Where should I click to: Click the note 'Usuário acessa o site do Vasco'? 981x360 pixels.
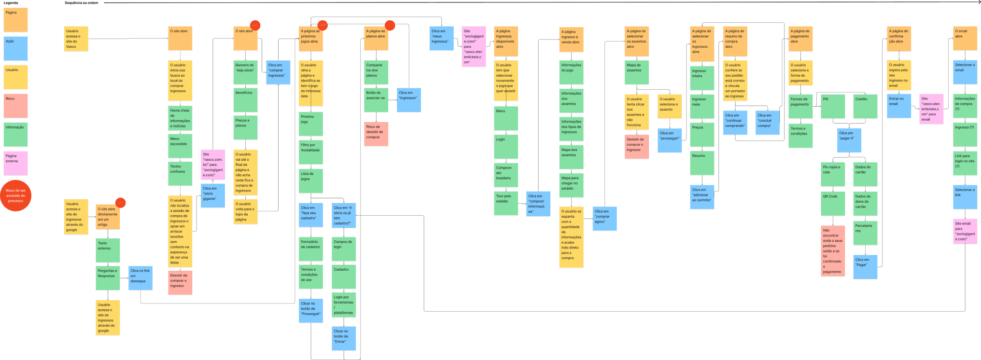tap(76, 39)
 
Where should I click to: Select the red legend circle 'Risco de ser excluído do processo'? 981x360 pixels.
tap(15, 196)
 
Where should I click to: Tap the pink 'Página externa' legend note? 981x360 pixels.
tap(15, 163)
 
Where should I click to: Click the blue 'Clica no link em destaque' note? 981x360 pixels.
tap(140, 278)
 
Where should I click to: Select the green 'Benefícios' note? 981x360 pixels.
tap(245, 99)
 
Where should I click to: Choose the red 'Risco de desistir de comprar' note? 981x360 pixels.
tap(376, 134)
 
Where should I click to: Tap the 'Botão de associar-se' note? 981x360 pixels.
tap(376, 100)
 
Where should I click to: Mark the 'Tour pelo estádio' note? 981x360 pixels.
tap(505, 204)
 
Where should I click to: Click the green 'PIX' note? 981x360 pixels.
tap(833, 106)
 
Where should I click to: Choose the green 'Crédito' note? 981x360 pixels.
tap(865, 106)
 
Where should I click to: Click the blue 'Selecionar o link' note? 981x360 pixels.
tap(965, 197)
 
